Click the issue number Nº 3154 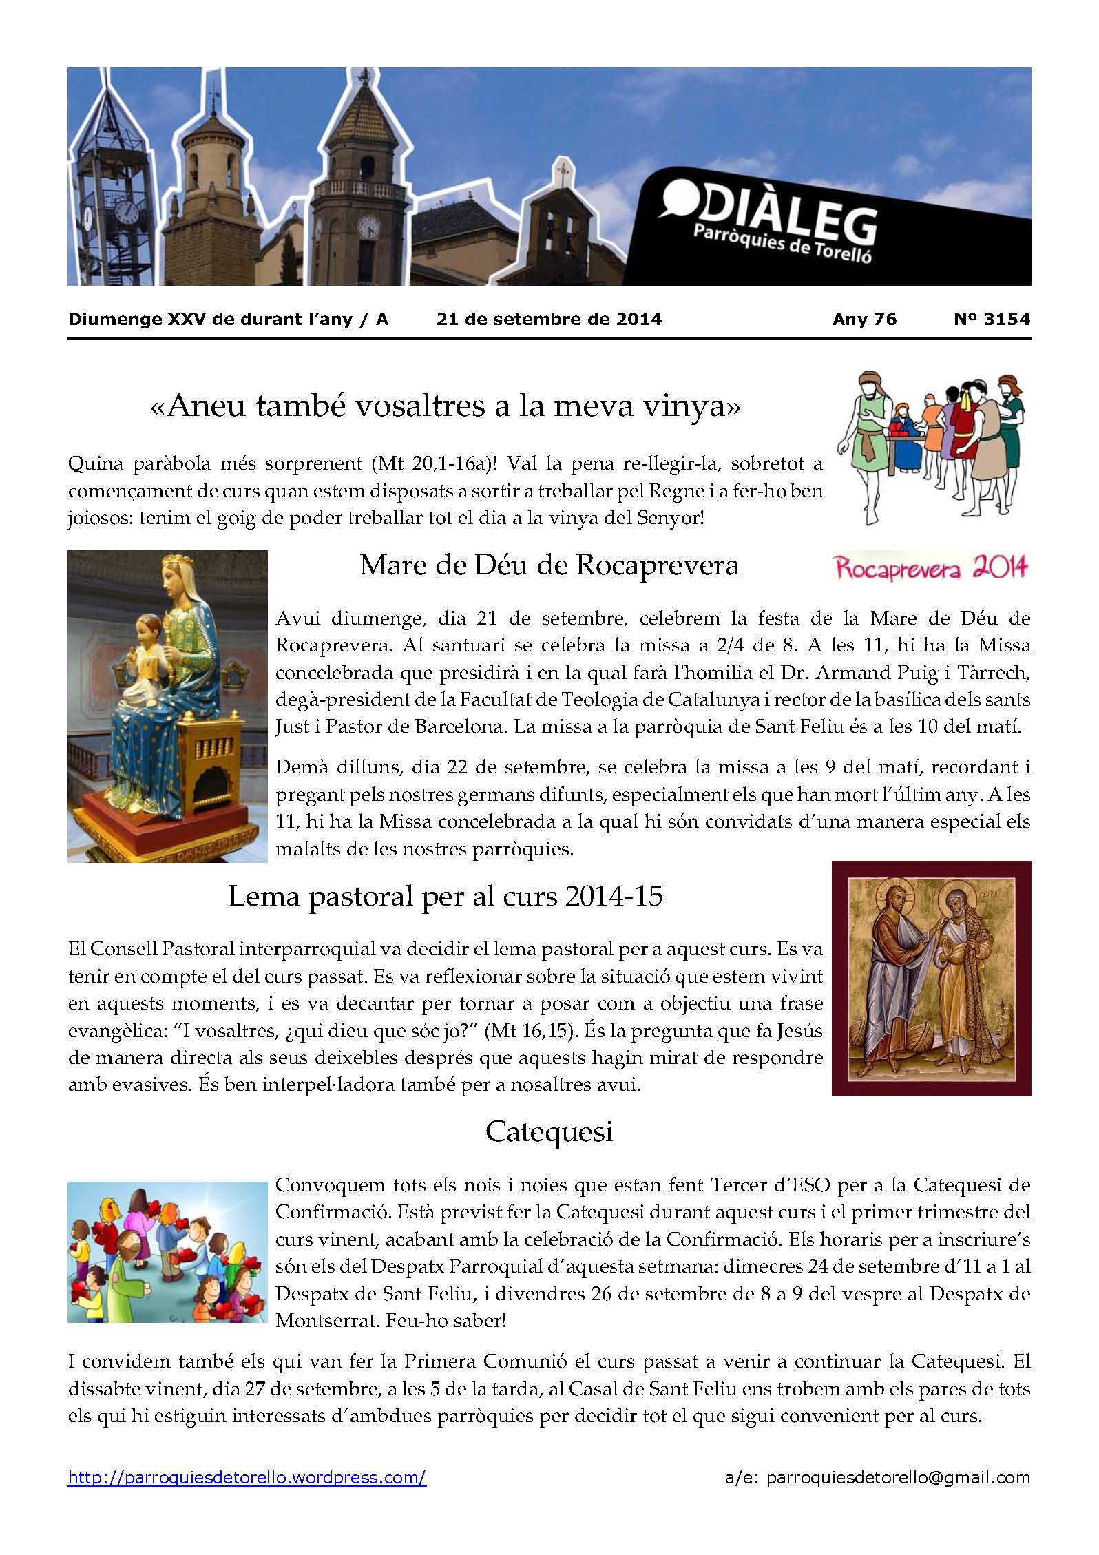(992, 320)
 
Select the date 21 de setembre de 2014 (549, 320)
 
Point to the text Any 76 (864, 320)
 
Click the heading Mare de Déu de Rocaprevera (549, 565)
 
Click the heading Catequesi (549, 1132)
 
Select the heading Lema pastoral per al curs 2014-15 (445, 897)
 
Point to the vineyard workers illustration (931, 448)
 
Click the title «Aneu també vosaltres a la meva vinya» (445, 408)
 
